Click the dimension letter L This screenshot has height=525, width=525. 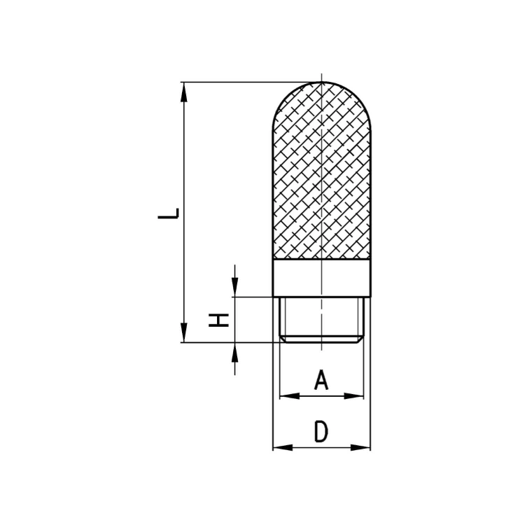pos(168,213)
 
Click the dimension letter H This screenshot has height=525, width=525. pos(218,320)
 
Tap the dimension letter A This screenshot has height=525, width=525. pos(321,379)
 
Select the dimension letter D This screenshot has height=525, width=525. pos(321,432)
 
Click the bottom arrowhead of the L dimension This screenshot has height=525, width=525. pos(184,332)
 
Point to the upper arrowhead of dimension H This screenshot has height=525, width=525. pos(235,287)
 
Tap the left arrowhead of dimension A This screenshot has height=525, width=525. pos(290,396)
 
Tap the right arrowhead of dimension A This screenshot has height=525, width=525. pos(353,396)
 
